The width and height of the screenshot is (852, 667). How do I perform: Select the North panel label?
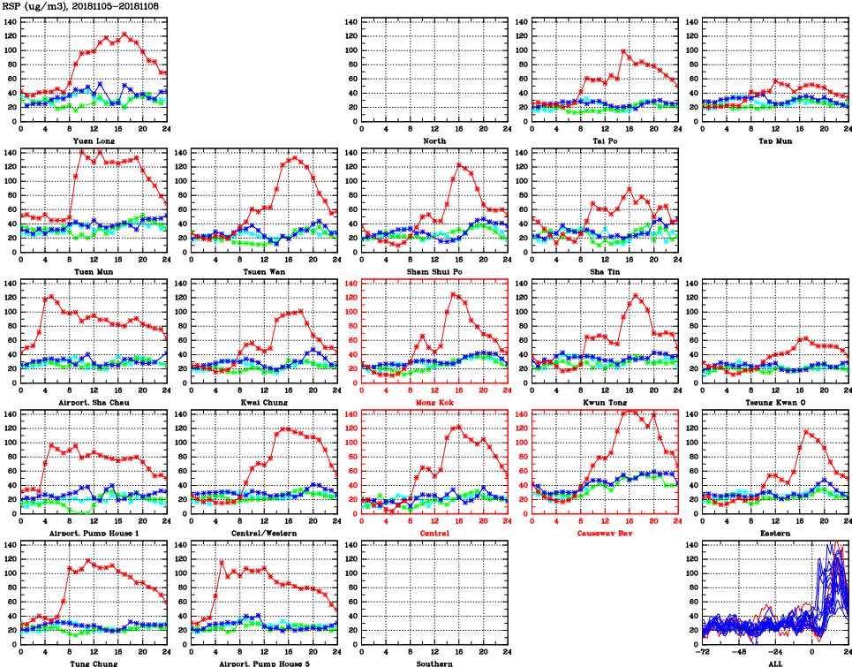[434, 140]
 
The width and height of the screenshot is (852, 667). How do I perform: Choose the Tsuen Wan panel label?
[264, 271]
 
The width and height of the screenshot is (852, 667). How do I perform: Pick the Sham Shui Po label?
[434, 271]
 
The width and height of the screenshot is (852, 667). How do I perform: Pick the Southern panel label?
[434, 663]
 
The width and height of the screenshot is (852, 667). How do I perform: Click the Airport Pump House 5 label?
[264, 663]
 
